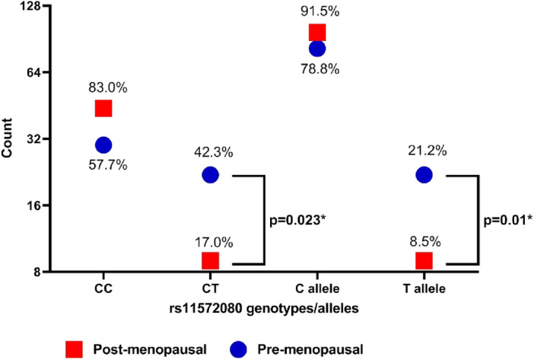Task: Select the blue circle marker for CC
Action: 103,145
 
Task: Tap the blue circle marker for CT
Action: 210,174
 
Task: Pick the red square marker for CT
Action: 210,260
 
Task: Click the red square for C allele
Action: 317,32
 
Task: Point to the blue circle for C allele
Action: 317,49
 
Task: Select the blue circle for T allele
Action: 424,174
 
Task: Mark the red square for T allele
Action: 424,260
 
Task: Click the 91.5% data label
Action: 317,11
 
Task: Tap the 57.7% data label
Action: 103,164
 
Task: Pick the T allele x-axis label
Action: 424,290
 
